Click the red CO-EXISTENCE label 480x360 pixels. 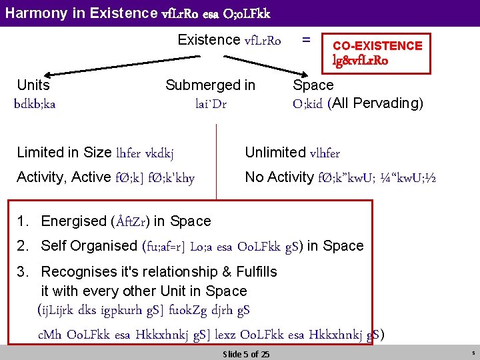pos(377,45)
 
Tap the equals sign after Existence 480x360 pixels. pos(306,39)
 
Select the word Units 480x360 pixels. pos(33,85)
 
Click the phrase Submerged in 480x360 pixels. pos(210,85)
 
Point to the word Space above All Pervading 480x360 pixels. pos(313,85)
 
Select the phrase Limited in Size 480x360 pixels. pos(65,153)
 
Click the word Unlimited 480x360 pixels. pos(275,153)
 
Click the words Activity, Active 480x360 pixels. pos(63,177)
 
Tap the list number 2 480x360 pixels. pos(23,246)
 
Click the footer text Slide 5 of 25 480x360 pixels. pos(246,354)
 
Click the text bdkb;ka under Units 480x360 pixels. pos(35,103)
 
